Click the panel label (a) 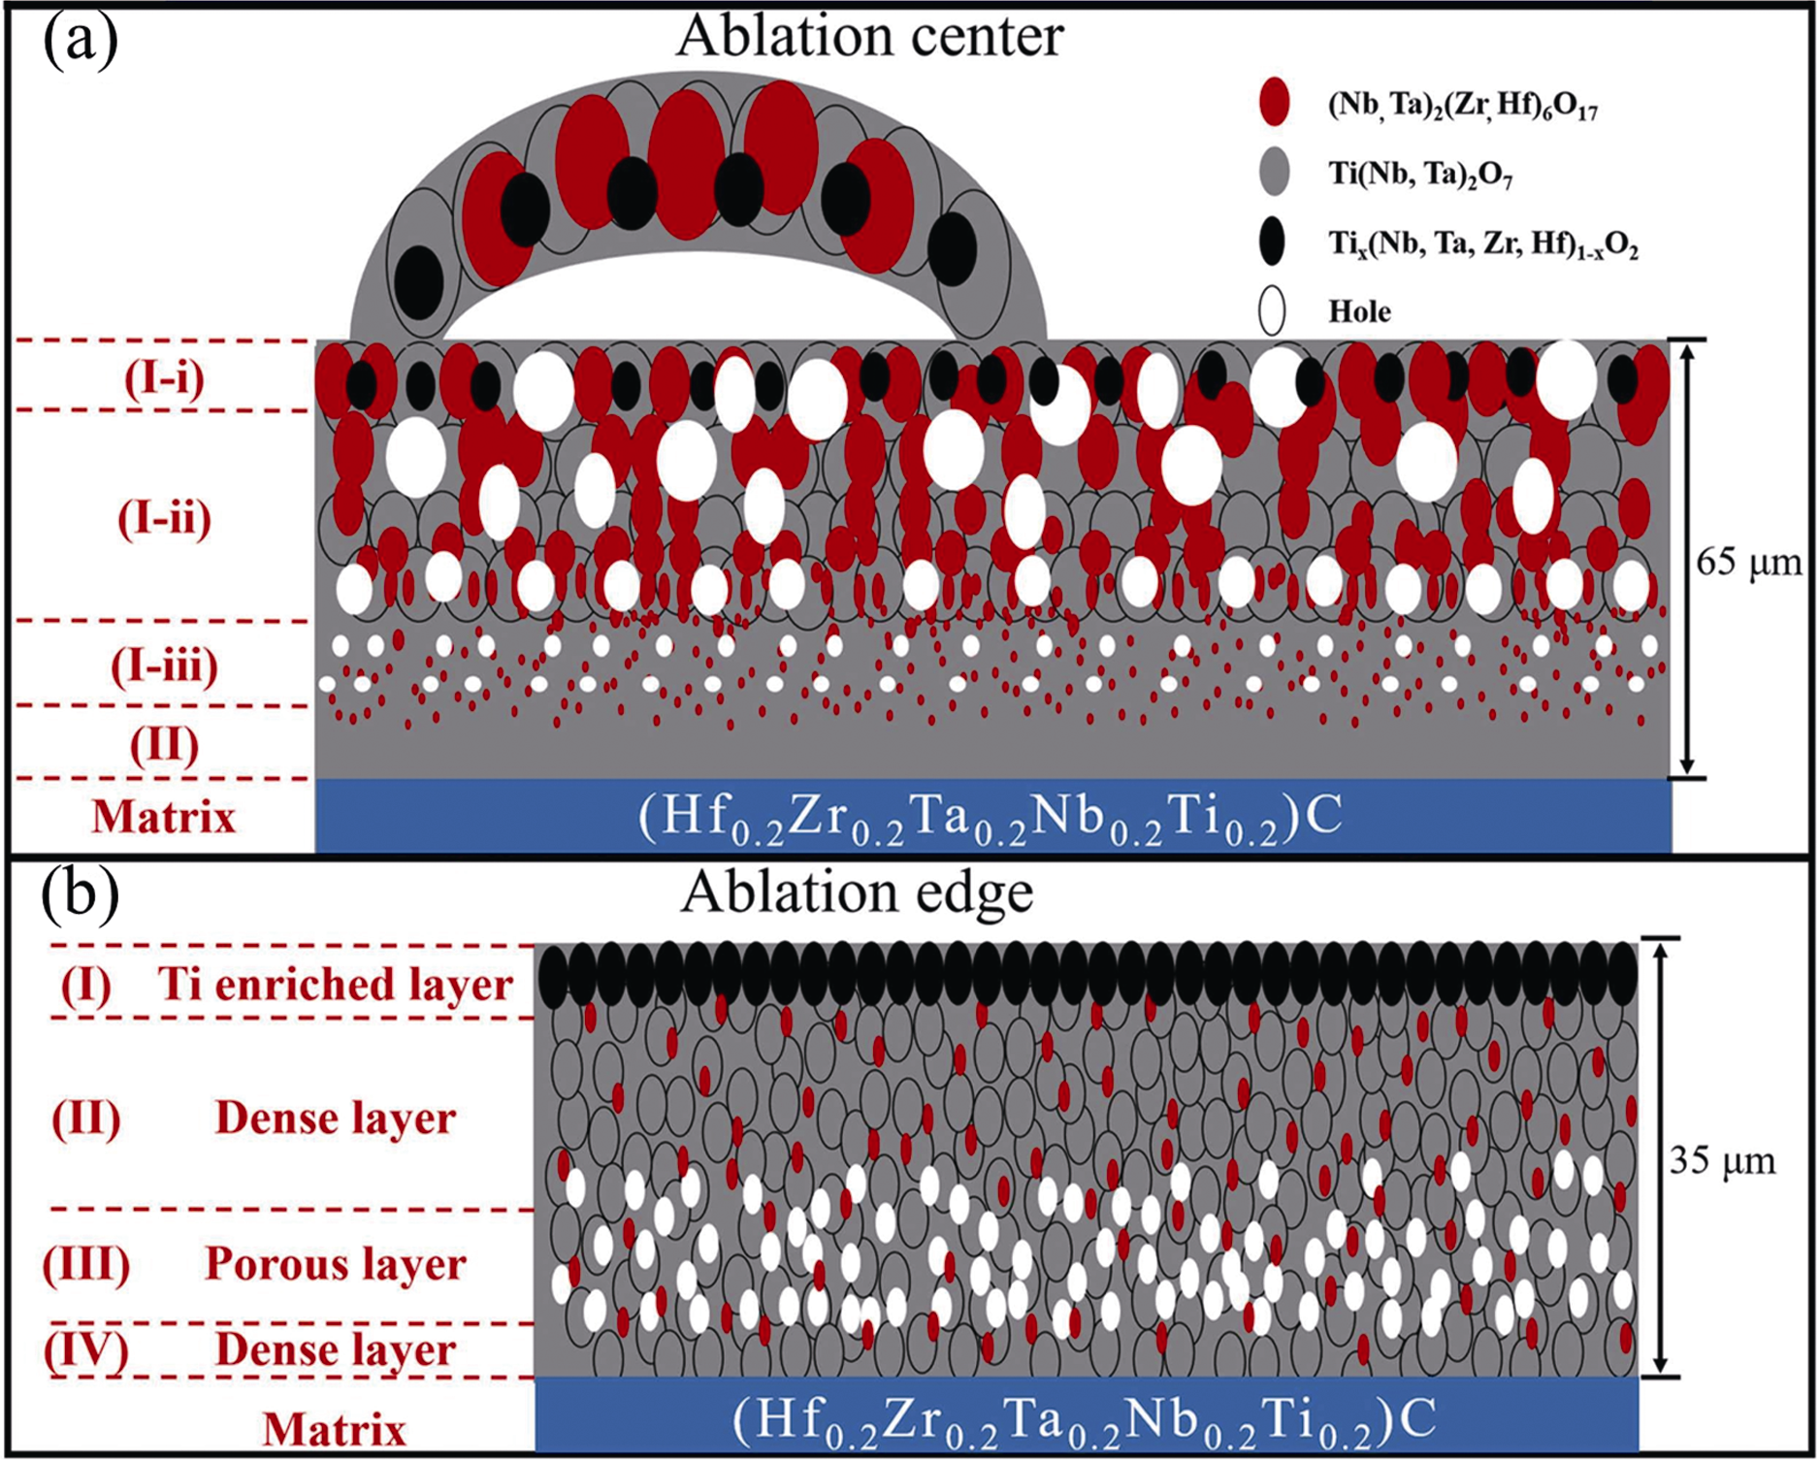(x=80, y=41)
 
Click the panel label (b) (x=80, y=893)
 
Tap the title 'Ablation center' (x=869, y=36)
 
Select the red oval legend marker (x=1274, y=101)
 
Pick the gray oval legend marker (x=1274, y=172)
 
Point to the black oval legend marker (x=1272, y=241)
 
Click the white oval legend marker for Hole (x=1272, y=311)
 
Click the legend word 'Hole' (x=1359, y=311)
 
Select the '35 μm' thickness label (x=1722, y=1161)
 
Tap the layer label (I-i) (x=164, y=378)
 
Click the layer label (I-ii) (x=164, y=518)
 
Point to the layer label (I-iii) (x=164, y=665)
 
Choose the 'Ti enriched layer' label (x=335, y=984)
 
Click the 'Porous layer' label (x=335, y=1263)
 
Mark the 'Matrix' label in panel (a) (x=164, y=817)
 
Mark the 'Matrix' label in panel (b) (x=334, y=1429)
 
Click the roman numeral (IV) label (x=85, y=1349)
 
